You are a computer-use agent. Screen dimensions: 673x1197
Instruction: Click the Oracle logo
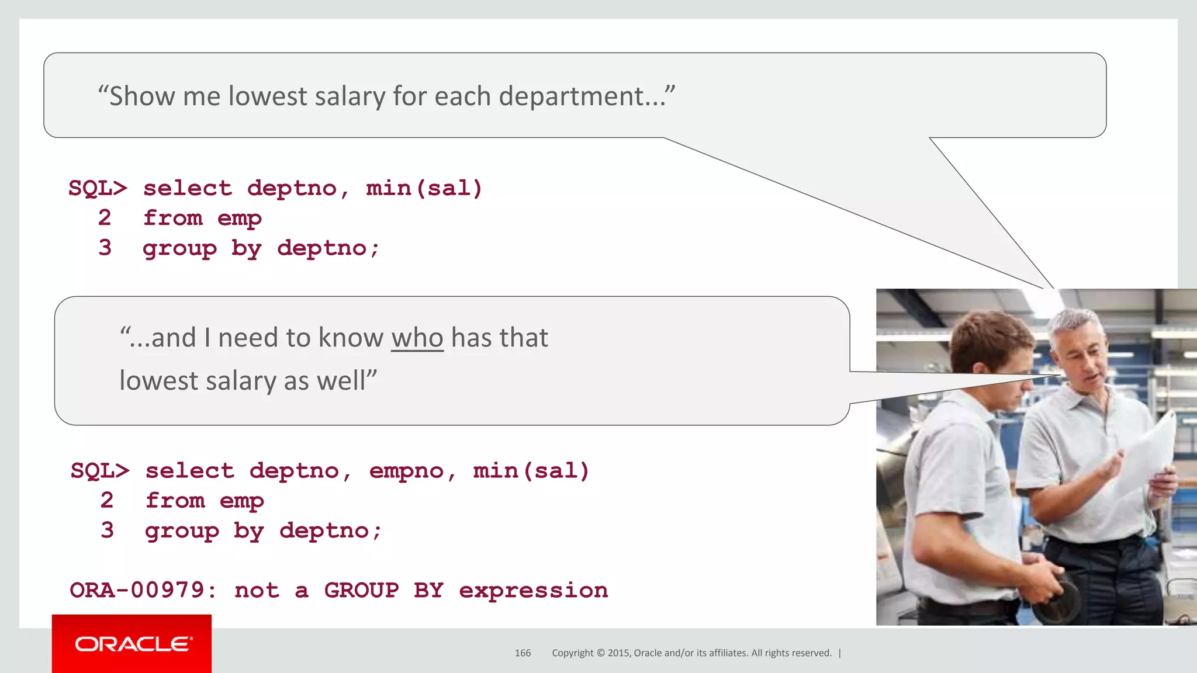133,644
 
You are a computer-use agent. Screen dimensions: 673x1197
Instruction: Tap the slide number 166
523,653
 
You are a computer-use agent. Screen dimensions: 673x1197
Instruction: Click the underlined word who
417,338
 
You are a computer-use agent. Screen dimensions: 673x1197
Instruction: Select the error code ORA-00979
137,591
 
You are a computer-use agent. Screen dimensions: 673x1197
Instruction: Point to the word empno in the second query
406,471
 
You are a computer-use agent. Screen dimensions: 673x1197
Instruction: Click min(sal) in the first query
424,189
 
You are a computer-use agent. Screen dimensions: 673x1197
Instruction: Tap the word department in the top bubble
570,97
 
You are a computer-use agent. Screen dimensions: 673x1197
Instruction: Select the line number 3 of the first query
105,248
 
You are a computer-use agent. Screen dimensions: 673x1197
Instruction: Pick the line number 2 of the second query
107,501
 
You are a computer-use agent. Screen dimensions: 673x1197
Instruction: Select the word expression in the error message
533,591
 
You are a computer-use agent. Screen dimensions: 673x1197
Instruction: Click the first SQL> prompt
98,189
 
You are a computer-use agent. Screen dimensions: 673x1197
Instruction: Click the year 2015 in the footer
618,653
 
